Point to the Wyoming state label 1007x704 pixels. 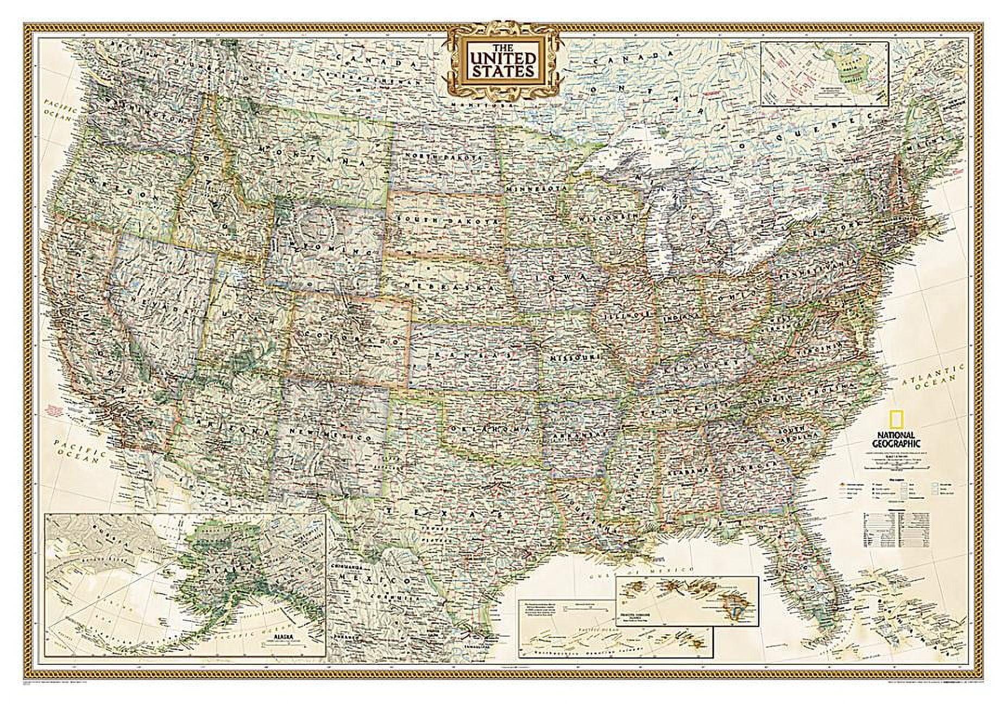coord(326,249)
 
